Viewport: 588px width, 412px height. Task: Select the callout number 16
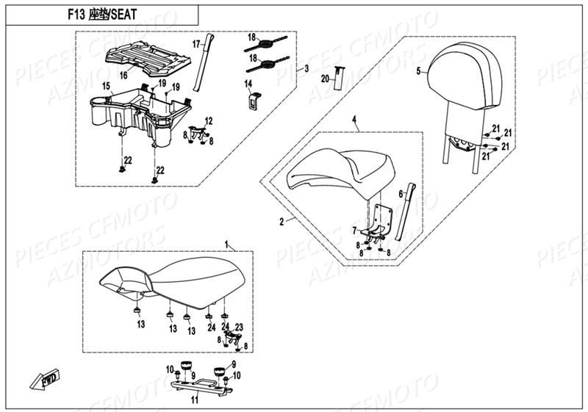pos(123,75)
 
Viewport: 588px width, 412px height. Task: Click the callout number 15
pos(107,87)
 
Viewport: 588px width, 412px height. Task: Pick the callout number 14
pos(248,84)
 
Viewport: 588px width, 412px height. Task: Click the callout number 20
pos(325,77)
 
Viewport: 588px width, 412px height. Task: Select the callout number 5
pos(418,71)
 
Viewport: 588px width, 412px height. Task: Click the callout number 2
pos(282,220)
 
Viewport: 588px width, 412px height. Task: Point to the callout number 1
pos(227,242)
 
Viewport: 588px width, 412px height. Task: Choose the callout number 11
pos(195,401)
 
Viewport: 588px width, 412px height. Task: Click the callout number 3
pos(305,68)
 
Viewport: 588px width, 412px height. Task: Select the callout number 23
pos(239,328)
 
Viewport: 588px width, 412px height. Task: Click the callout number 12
pos(209,120)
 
